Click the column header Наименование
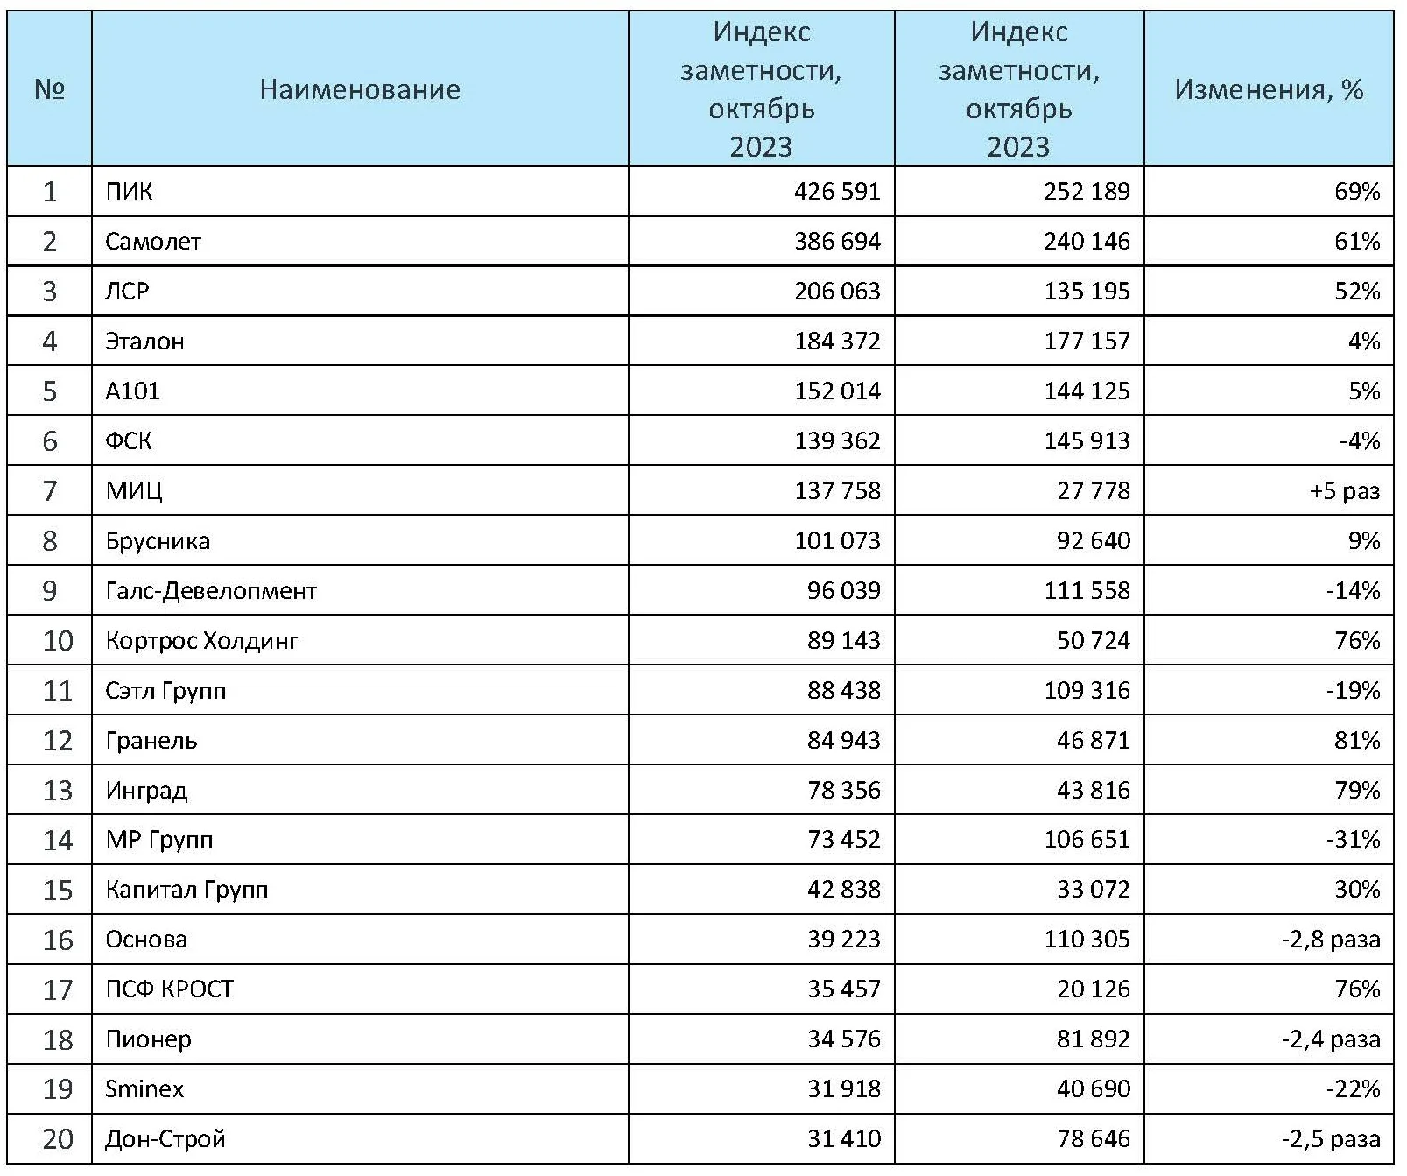pos(360,89)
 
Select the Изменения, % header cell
pos(1269,89)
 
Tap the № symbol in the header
pos(49,89)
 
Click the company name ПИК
pos(129,191)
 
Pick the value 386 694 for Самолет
pos(837,241)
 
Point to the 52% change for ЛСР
pos(1357,291)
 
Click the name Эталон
pos(144,341)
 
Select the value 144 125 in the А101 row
pos(1087,391)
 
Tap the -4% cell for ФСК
pos(1360,440)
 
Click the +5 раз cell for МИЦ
pos(1345,490)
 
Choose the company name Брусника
pos(158,540)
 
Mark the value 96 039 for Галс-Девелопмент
pos(843,590)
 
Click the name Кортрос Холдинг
pos(201,641)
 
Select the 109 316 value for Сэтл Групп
pos(1087,690)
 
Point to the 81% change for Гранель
pos(1357,740)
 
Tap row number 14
pos(58,840)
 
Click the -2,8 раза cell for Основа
pos(1331,940)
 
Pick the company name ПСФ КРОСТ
pos(170,989)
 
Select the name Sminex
pos(144,1088)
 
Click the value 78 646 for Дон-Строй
pos(1093,1138)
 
